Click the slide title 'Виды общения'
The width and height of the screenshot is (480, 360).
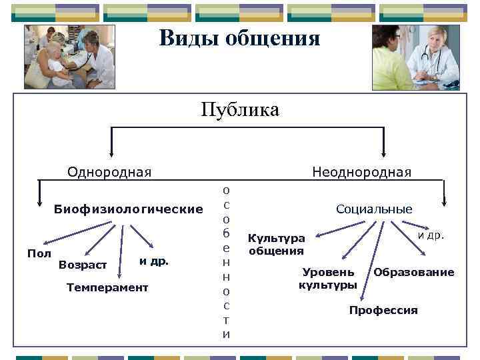[239, 37]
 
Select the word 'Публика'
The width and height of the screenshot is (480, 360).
[240, 109]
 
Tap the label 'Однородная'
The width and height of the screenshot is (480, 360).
[109, 172]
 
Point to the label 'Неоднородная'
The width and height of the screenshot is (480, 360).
[362, 172]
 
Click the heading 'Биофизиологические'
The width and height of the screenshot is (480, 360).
[128, 209]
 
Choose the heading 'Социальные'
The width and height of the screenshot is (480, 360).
[374, 209]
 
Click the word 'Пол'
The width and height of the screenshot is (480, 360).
[39, 253]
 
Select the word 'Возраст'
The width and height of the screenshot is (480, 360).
[83, 265]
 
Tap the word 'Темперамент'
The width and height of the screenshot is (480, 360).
[108, 287]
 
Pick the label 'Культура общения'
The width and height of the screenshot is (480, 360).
[276, 245]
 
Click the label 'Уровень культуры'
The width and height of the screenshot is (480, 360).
[328, 279]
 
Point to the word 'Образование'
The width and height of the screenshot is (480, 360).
[413, 272]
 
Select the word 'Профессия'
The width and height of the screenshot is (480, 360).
[383, 310]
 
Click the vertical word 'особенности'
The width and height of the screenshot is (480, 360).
[227, 263]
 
